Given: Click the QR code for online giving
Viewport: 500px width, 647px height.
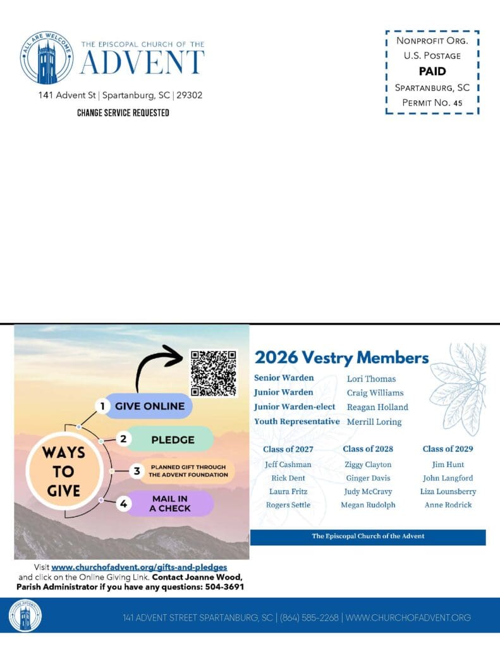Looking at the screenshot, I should (x=214, y=372).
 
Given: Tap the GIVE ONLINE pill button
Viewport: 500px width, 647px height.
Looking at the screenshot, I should (x=149, y=406).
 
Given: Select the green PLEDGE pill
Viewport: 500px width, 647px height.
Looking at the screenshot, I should (x=173, y=438).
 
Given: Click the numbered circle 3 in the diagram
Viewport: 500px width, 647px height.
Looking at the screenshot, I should (x=136, y=471).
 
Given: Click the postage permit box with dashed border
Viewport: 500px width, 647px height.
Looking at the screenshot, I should (x=432, y=71).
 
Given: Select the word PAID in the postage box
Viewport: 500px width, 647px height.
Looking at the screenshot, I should (x=432, y=71).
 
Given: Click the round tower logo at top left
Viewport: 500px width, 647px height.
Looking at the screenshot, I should (x=47, y=57).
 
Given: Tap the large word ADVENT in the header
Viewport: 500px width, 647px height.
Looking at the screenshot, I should (x=142, y=63).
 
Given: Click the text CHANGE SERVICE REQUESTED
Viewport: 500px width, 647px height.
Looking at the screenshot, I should (x=123, y=113).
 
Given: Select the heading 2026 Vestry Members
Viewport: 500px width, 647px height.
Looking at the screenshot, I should (x=341, y=358).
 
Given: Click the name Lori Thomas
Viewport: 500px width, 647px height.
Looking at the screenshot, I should (x=371, y=378).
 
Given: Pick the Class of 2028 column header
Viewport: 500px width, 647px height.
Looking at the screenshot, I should (x=368, y=449).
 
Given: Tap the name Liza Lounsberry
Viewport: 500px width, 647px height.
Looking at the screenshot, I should (x=448, y=491).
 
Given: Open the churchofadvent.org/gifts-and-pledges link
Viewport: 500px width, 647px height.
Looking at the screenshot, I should (x=139, y=567).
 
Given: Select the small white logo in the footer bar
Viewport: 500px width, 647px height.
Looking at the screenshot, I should (x=25, y=615).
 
